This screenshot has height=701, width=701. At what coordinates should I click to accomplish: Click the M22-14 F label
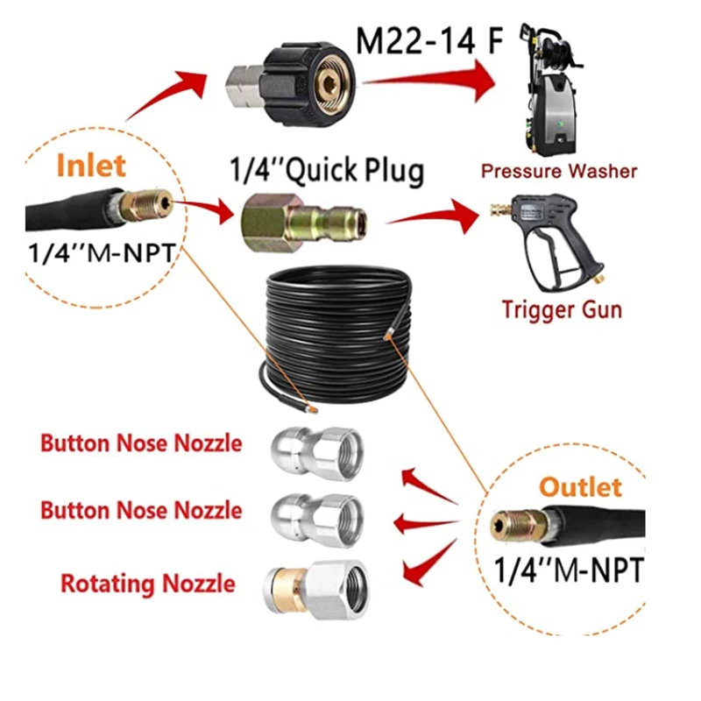(429, 40)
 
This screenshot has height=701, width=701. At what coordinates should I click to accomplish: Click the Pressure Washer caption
(558, 170)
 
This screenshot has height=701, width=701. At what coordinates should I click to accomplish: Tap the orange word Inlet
(91, 166)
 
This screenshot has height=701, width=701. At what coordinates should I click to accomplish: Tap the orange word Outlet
(579, 487)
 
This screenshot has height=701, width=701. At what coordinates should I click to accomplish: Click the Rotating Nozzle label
(147, 583)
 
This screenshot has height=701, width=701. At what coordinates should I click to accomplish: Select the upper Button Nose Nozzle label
(140, 443)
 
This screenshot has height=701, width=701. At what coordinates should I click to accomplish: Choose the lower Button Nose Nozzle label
(140, 510)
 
